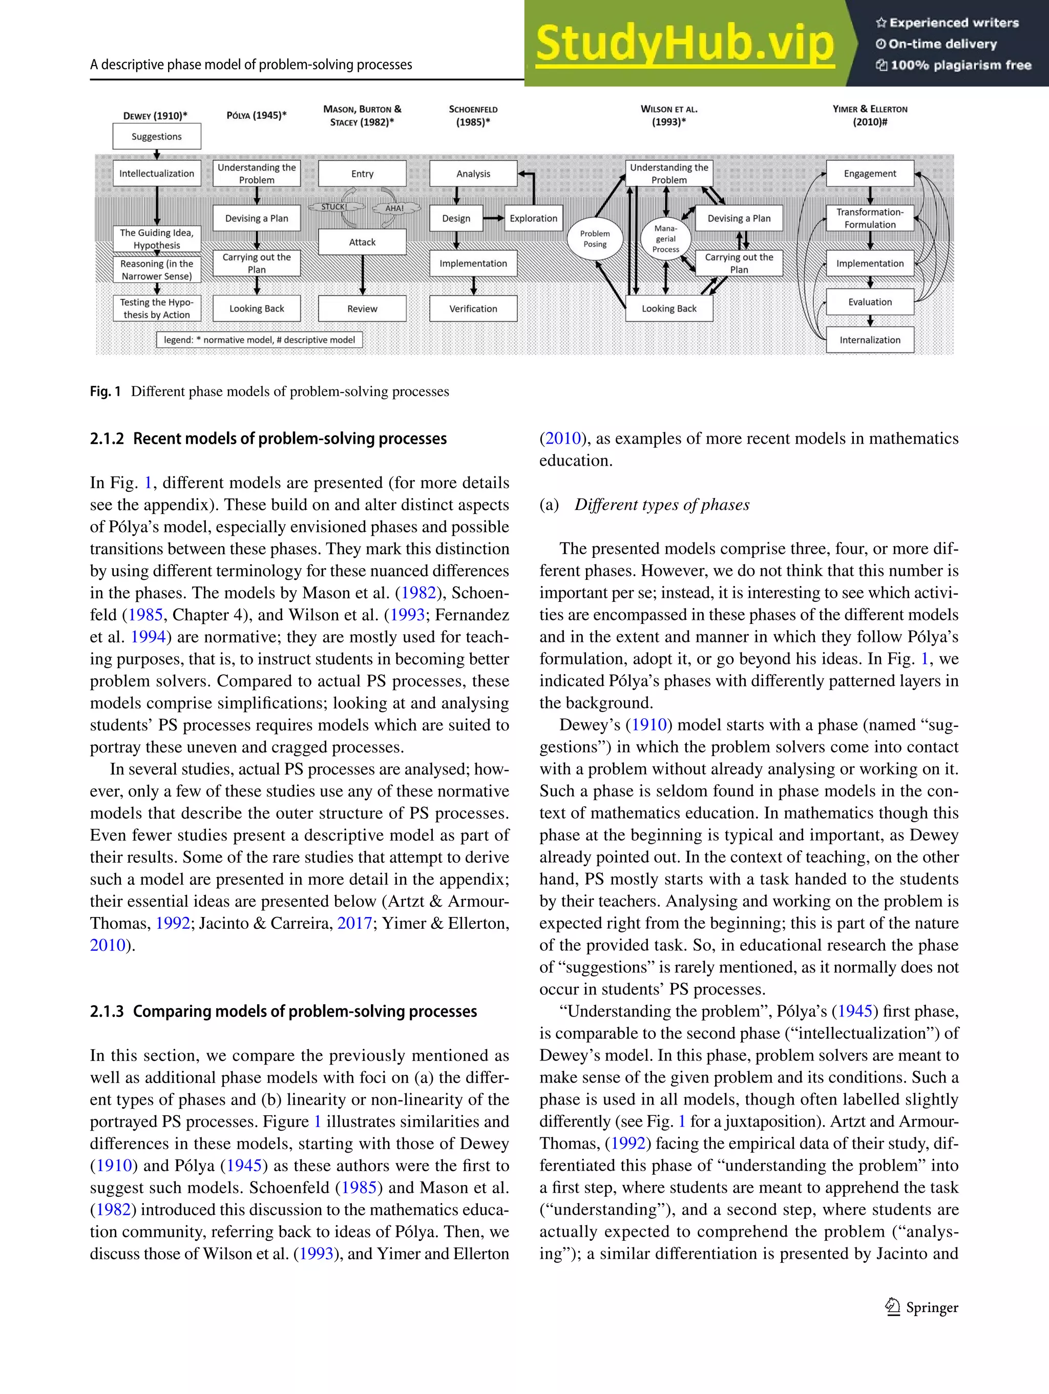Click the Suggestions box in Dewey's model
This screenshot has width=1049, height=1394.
(x=156, y=136)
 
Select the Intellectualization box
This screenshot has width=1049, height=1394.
(x=156, y=173)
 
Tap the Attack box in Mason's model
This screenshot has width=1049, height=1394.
(x=362, y=242)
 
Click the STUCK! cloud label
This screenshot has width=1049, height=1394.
(x=334, y=206)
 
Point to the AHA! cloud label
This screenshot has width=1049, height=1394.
(x=394, y=208)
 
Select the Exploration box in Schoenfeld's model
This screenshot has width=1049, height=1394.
(x=533, y=218)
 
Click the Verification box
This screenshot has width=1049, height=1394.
(x=473, y=309)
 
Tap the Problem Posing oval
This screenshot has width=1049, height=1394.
(x=595, y=239)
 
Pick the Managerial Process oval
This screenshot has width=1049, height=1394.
(x=665, y=239)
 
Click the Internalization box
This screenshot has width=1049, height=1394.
(x=869, y=340)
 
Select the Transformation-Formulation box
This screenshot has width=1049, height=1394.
(x=869, y=218)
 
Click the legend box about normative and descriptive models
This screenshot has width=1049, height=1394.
(x=260, y=340)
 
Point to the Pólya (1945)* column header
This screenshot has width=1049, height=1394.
(x=257, y=115)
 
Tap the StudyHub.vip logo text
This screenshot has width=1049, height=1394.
(x=685, y=44)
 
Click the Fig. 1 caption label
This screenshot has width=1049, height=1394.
(x=105, y=391)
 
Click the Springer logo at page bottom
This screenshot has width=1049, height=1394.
(x=921, y=1307)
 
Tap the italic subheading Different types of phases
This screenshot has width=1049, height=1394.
(x=662, y=505)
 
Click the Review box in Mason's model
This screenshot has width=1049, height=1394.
(x=362, y=309)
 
